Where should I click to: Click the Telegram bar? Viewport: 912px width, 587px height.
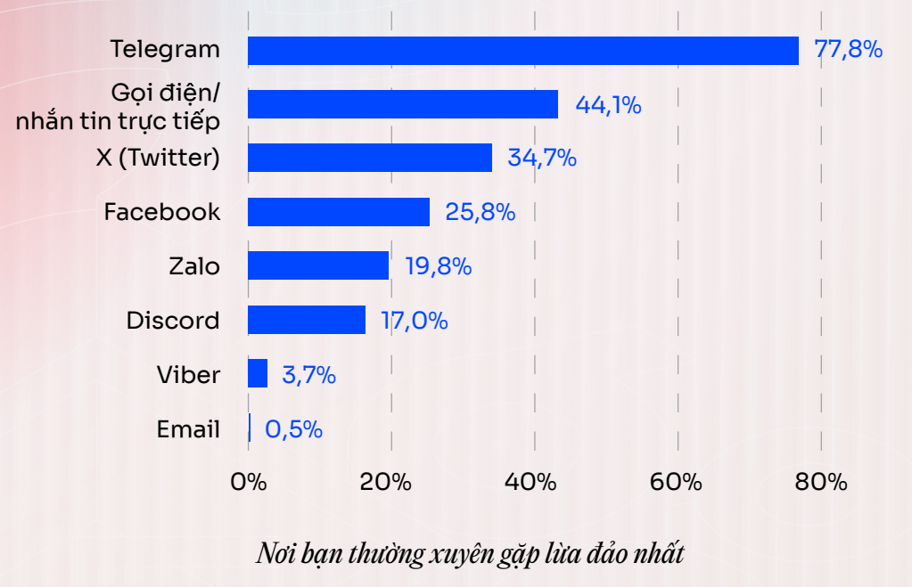tap(522, 51)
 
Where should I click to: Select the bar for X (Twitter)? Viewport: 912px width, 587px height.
tap(369, 158)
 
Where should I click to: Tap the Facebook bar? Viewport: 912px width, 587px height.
tap(338, 212)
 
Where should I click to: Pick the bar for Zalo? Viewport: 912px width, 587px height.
tap(317, 265)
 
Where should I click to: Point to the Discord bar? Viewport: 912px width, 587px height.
tap(306, 320)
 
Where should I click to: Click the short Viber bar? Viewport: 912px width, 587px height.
tap(258, 374)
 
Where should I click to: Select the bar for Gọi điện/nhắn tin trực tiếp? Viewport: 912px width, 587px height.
tap(402, 104)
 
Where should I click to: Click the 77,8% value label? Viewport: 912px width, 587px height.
tap(848, 50)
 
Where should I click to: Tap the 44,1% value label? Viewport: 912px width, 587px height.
tap(608, 104)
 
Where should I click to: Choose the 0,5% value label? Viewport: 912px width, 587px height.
tap(293, 429)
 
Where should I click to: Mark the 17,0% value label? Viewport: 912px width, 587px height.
tap(415, 320)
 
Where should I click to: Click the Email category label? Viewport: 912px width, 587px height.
tap(188, 429)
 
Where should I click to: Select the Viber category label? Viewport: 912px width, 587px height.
tap(188, 374)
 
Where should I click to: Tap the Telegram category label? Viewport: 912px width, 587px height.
tap(165, 50)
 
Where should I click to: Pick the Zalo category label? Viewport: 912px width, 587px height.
tap(194, 265)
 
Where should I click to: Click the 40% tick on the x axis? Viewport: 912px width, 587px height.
tap(533, 483)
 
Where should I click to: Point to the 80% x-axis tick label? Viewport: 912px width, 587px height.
tap(820, 483)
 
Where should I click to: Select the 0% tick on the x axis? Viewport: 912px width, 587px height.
tap(249, 483)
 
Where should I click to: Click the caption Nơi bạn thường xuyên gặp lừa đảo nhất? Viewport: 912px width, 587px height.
tap(470, 554)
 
